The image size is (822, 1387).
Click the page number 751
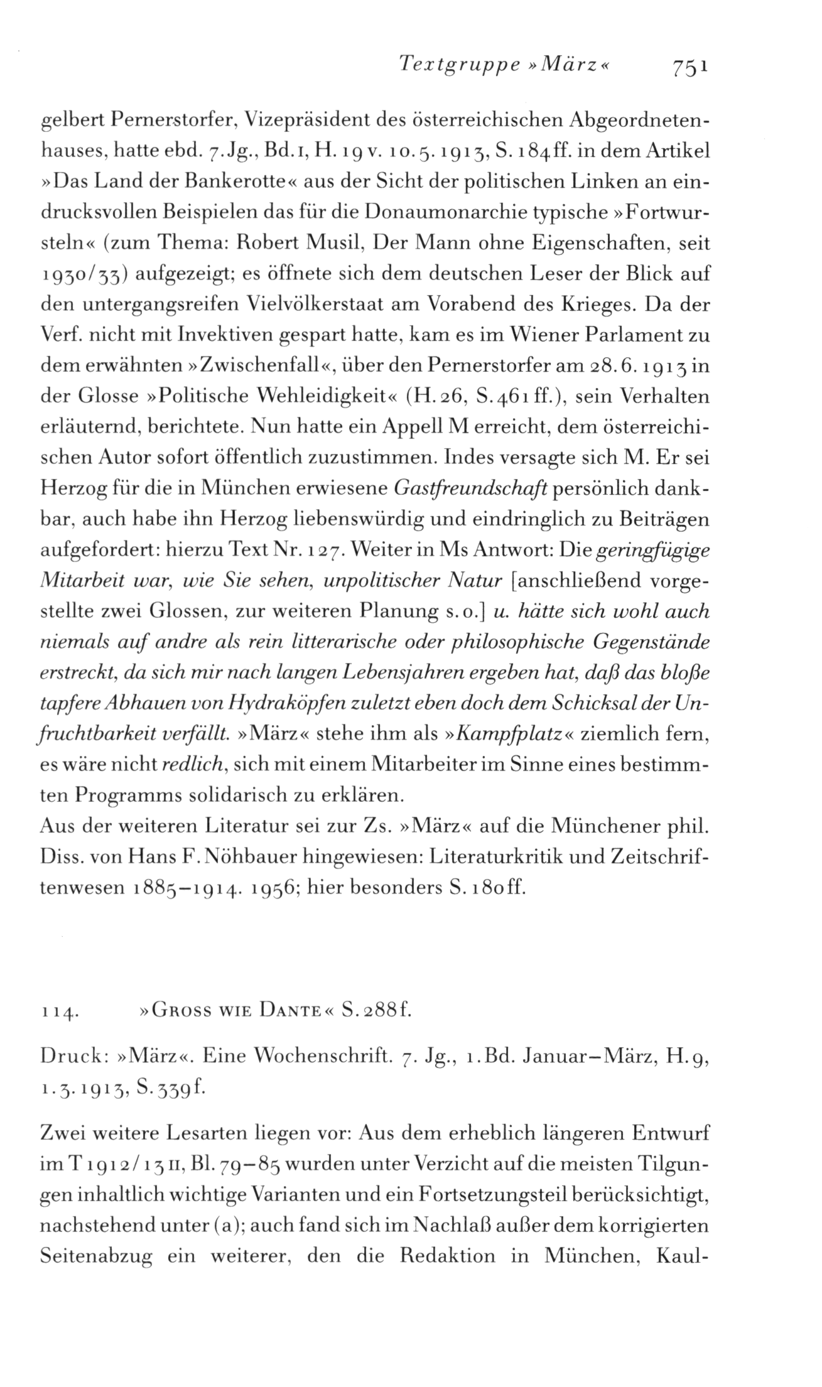[691, 66]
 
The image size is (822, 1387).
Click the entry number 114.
[58, 1012]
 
